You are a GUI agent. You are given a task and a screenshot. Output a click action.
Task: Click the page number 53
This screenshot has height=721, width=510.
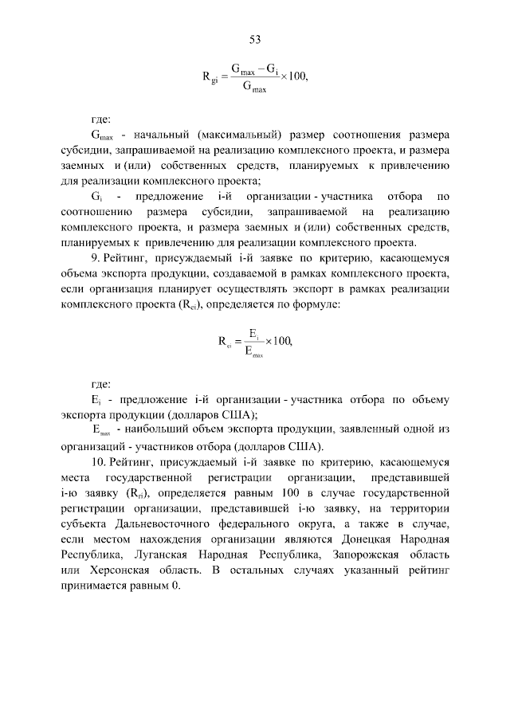255,39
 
